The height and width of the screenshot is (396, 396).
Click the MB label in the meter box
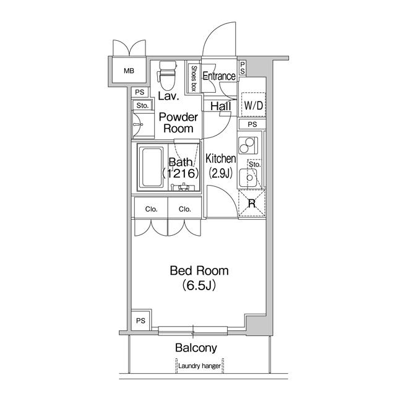pos(129,71)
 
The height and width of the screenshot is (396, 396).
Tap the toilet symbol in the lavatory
pos(166,75)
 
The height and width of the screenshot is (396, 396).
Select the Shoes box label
pos(194,79)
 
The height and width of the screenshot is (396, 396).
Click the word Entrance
pos(219,76)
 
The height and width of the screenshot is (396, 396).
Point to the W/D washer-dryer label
pos(253,105)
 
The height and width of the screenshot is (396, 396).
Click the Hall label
pos(221,106)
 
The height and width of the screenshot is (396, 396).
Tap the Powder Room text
pos(178,123)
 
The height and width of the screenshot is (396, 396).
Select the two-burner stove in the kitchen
pos(247,145)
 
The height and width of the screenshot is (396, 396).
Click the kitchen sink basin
pos(248,178)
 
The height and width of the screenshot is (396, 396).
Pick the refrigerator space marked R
pos(252,203)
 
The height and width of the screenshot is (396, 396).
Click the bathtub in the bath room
pos(152,168)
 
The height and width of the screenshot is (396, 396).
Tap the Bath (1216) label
pos(181,168)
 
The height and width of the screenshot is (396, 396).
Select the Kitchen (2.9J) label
pos(221,166)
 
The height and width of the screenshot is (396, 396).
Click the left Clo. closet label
pos(151,209)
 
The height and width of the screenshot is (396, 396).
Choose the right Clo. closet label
pos(184,209)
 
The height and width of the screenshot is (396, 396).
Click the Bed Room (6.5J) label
pos(199,278)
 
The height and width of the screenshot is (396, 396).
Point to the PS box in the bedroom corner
pos(141,321)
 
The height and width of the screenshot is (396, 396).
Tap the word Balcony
pos(196,348)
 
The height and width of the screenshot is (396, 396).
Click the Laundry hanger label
pos(199,366)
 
